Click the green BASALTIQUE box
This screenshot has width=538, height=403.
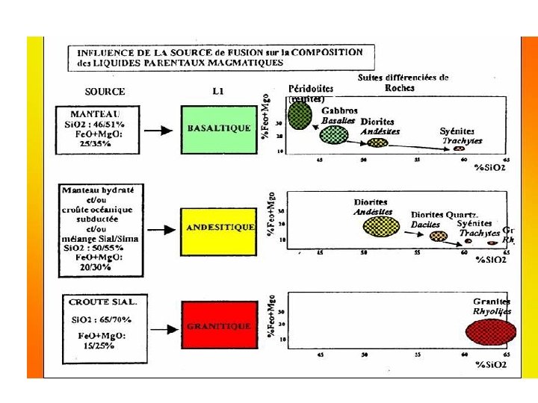point(219,128)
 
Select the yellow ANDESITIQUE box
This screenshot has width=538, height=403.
point(219,227)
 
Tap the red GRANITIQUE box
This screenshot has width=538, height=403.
point(219,326)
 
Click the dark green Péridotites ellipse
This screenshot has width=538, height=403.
point(300,114)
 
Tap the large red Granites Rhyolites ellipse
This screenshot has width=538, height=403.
point(490,331)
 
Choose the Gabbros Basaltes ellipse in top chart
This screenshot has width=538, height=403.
point(334,135)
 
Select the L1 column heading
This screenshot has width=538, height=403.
point(219,91)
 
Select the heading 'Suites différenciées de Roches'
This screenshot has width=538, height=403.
point(403,82)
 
